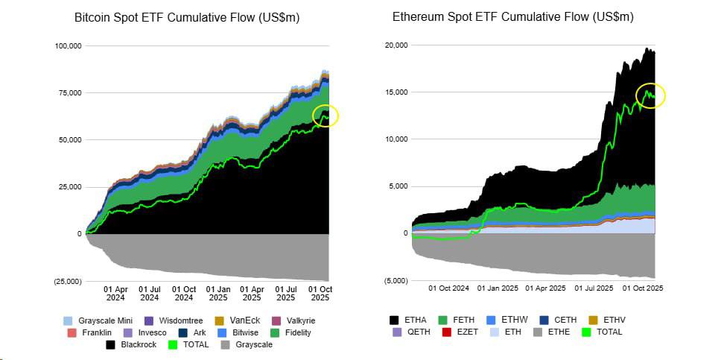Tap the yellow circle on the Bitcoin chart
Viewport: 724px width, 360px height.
click(326, 116)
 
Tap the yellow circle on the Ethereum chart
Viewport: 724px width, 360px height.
click(650, 95)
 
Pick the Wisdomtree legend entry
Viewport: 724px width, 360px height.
click(166, 320)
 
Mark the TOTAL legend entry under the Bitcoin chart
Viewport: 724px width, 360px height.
click(190, 345)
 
